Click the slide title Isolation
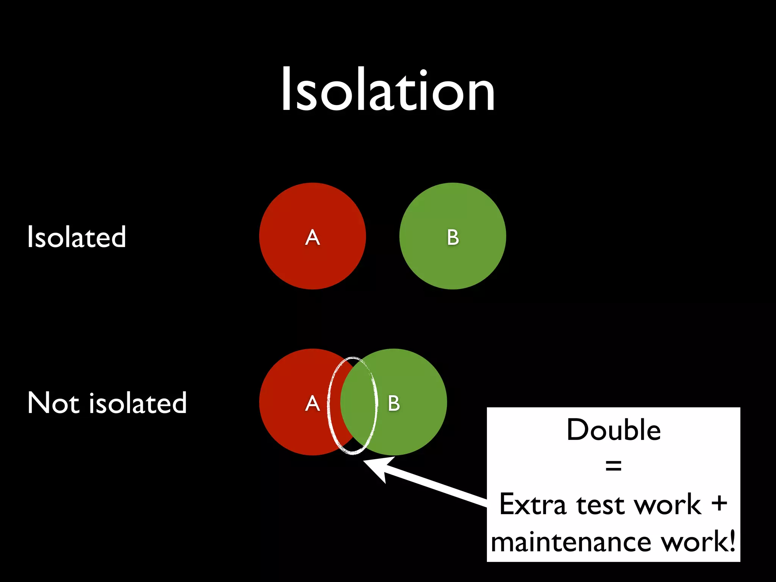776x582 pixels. (388, 90)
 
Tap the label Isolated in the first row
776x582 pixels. (77, 237)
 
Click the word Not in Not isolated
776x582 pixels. (53, 402)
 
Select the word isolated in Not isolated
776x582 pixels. (138, 402)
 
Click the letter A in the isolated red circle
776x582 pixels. (313, 238)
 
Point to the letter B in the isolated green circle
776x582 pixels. (453, 238)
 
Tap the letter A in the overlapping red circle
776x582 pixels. (313, 403)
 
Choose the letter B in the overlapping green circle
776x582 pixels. (394, 403)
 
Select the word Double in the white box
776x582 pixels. (613, 430)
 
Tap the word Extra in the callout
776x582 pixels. (532, 505)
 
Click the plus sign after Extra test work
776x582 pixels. (719, 504)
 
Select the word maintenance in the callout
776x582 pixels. (571, 542)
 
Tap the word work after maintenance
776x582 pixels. (693, 542)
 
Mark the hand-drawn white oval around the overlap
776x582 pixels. (329, 405)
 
